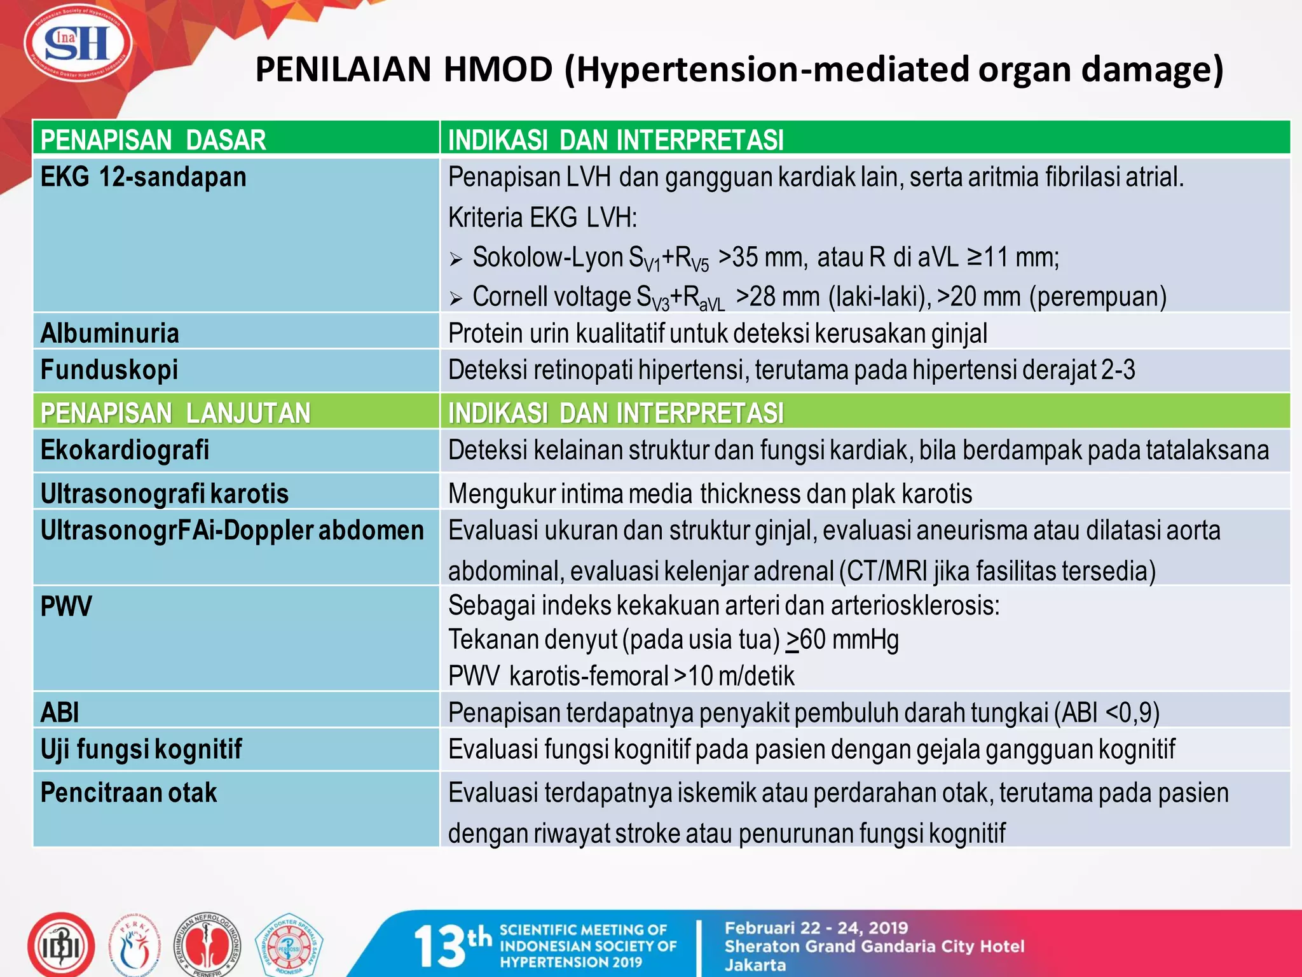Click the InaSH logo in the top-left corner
78,45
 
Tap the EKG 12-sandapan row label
143,177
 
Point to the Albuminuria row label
109,333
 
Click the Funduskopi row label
109,370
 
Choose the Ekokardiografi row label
125,450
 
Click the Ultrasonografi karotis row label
164,494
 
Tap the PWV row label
66,606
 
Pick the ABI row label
60,712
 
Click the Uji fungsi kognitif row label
140,749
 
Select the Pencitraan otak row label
128,793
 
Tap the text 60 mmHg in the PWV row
849,640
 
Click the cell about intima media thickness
709,494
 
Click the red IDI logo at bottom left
61,946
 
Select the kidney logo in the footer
208,946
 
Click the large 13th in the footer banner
452,945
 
